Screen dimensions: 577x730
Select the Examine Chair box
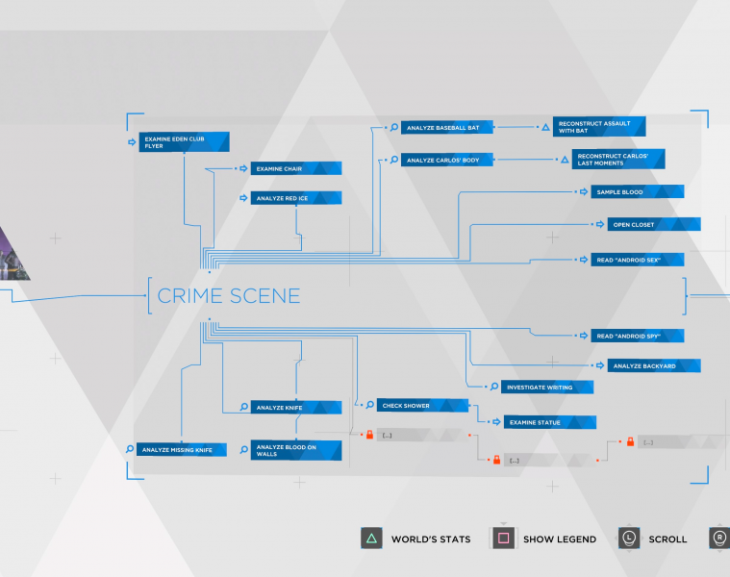coord(296,169)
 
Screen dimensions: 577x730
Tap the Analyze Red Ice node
coord(296,198)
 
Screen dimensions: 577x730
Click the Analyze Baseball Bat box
coord(447,127)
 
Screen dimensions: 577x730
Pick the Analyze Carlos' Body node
coord(447,160)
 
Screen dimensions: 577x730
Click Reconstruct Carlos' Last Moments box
coord(619,159)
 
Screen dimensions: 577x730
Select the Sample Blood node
coord(638,192)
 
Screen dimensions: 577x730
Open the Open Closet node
coord(653,224)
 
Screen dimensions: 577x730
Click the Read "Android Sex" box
coord(638,260)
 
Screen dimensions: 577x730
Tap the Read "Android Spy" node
coord(638,336)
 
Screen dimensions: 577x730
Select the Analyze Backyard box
coord(653,365)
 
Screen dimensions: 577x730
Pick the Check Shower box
coord(421,406)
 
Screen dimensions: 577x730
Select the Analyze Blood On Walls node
coord(296,450)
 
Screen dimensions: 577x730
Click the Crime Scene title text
coord(228,296)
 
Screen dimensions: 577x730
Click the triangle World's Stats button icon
coord(371,539)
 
